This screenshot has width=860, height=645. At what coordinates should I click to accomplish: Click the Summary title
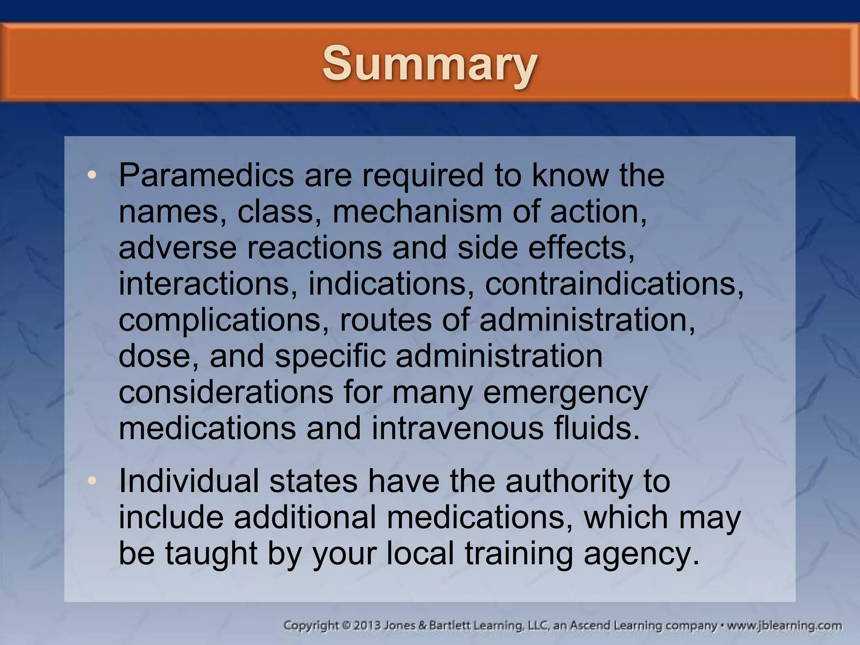coord(430,64)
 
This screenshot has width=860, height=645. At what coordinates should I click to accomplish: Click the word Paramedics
coord(206,176)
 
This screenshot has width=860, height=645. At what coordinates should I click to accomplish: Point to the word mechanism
coord(417,212)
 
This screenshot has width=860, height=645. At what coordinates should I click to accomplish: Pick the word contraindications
coord(614,284)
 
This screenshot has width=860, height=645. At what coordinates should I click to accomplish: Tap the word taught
coord(211,554)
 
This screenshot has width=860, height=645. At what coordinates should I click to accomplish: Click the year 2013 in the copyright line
coord(367,626)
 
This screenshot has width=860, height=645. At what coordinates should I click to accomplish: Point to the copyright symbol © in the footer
coord(346,626)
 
